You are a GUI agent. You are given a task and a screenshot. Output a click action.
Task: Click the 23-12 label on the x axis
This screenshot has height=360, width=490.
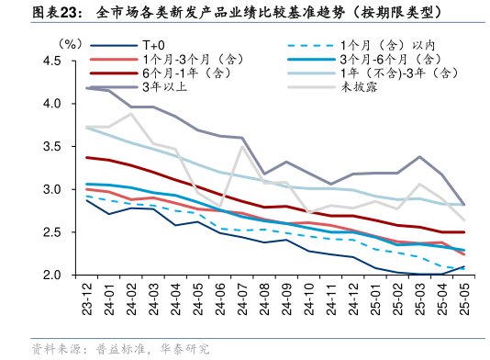pyautogui.click(x=88, y=296)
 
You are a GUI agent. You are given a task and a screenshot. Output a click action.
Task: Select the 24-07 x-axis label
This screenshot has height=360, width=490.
pyautogui.click(x=242, y=296)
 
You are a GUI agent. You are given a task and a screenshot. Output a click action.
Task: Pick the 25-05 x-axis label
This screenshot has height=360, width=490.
pyautogui.click(x=462, y=296)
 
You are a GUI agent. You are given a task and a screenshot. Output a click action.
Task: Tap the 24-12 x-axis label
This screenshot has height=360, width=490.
pyautogui.click(x=352, y=296)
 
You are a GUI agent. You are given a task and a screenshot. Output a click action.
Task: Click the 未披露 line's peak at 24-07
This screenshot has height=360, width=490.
pyautogui.click(x=242, y=147)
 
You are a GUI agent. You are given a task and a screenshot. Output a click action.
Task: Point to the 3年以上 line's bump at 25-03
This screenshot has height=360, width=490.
pyautogui.click(x=418, y=157)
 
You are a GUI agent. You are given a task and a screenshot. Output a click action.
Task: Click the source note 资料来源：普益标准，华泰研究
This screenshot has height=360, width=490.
pyautogui.click(x=119, y=349)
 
